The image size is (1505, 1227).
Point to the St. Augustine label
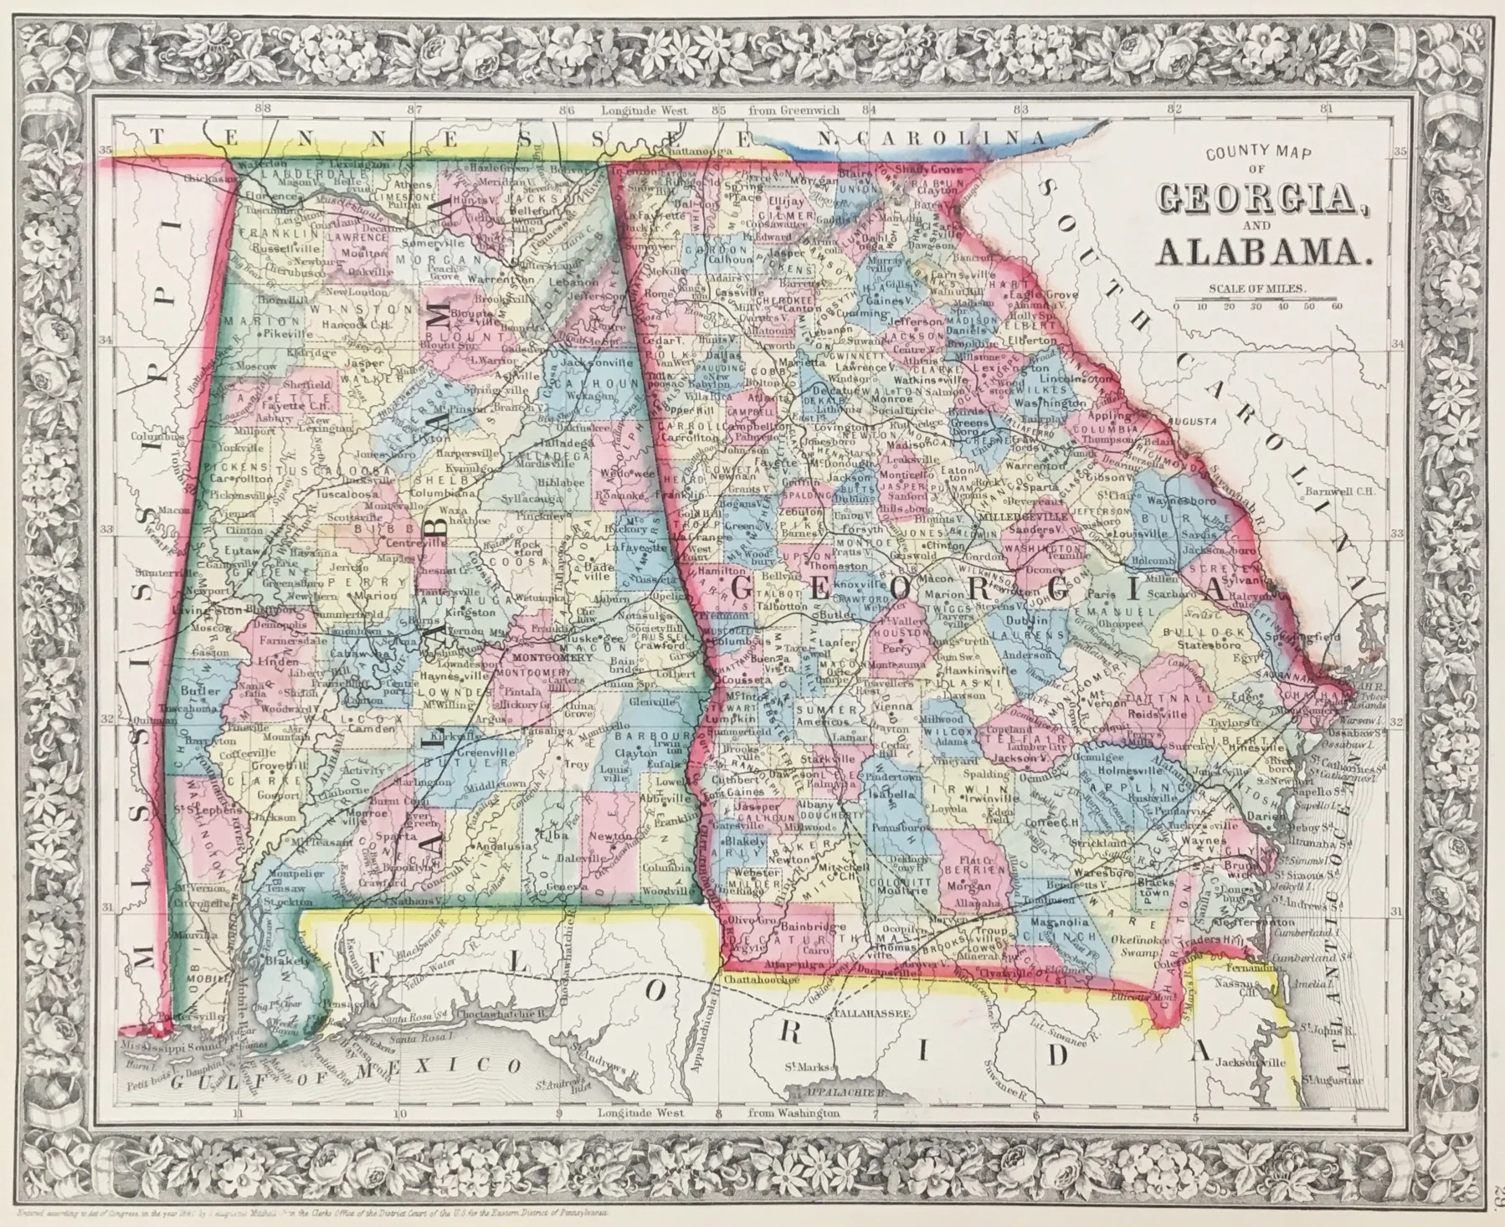(x=1333, y=1081)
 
